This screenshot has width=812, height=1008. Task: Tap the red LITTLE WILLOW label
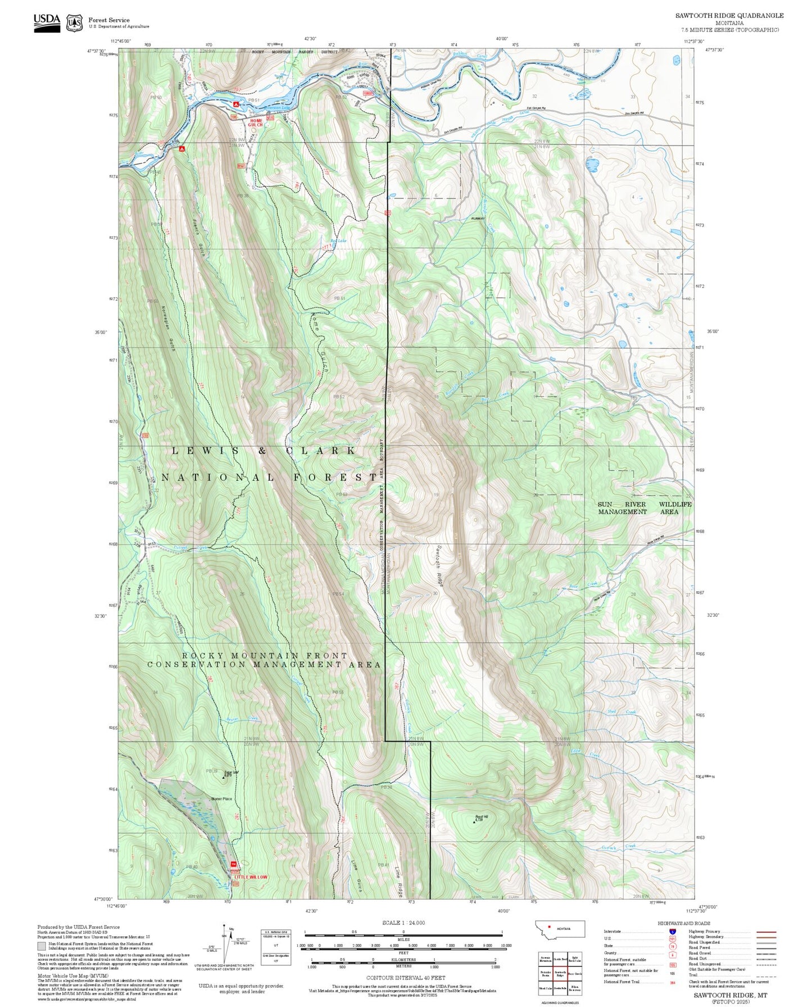click(x=251, y=877)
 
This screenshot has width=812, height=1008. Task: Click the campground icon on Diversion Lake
click(x=237, y=105)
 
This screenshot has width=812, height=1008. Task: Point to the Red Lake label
click(x=338, y=241)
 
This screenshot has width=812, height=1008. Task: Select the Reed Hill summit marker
click(x=473, y=821)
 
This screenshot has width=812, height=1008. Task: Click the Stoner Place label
click(x=221, y=799)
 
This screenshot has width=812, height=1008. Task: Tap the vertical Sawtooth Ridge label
click(x=440, y=565)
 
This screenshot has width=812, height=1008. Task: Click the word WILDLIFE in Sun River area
click(x=675, y=504)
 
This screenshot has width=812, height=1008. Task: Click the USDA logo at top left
click(x=47, y=22)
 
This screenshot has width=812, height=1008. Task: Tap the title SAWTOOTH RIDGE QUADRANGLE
click(x=729, y=15)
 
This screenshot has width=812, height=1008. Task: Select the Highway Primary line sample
click(x=766, y=932)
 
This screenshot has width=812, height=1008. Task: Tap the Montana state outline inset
click(x=560, y=929)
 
